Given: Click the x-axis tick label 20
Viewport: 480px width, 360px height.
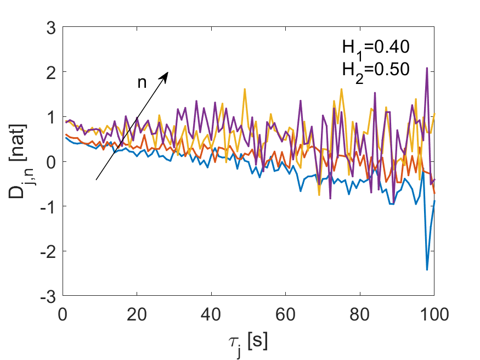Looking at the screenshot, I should click(x=137, y=314).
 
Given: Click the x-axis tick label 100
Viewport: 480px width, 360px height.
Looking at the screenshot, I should click(x=434, y=314).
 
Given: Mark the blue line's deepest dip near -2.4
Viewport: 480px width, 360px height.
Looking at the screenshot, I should click(x=427, y=269).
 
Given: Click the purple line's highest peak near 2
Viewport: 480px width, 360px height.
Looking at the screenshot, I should click(x=427, y=68).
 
